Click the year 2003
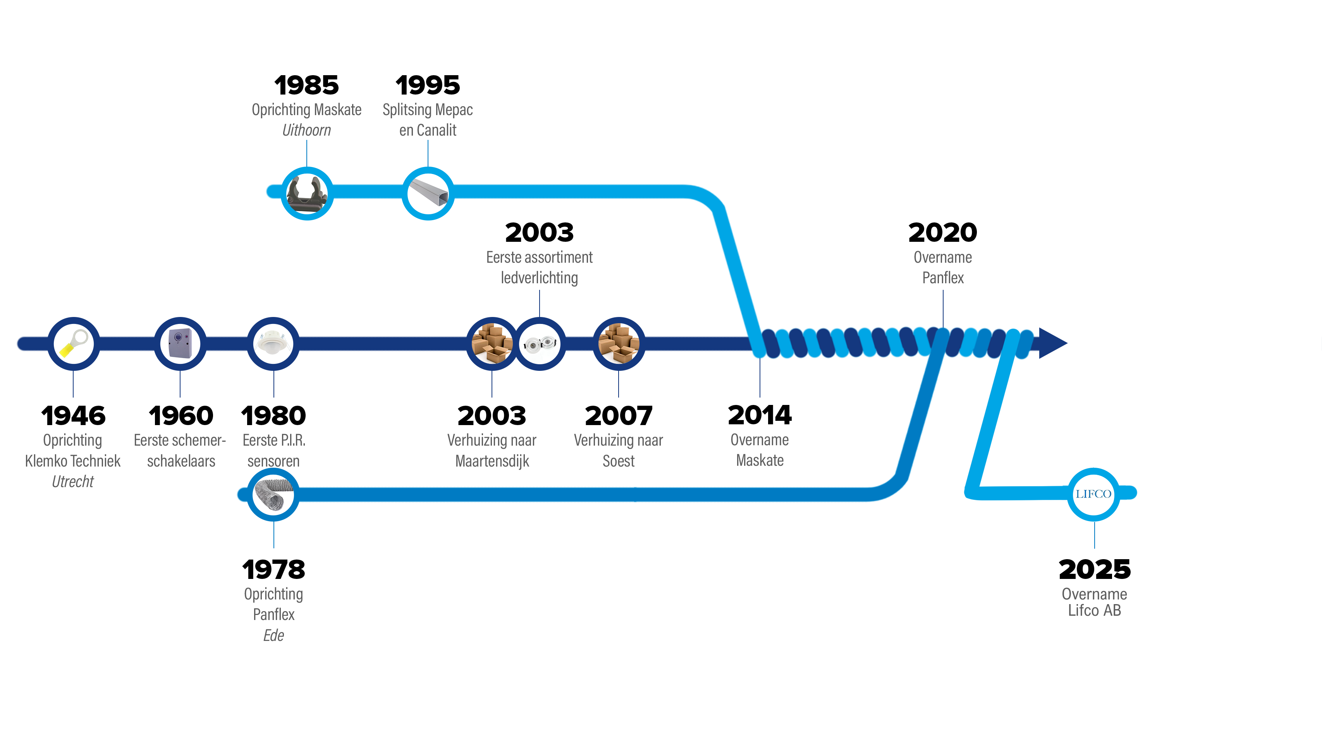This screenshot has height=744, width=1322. (x=539, y=232)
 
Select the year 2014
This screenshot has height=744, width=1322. (x=760, y=415)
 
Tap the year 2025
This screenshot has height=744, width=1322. (x=1094, y=569)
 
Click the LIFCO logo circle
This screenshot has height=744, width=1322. (x=1093, y=494)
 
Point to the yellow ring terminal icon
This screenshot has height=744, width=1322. (x=73, y=343)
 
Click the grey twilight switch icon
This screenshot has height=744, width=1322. (x=180, y=343)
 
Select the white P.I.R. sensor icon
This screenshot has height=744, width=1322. (x=273, y=343)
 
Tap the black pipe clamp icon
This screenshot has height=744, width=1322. (x=307, y=194)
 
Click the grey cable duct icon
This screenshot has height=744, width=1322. (x=428, y=194)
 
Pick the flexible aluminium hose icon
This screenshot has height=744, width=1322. (x=273, y=494)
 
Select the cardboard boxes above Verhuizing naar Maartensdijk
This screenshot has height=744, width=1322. (x=492, y=343)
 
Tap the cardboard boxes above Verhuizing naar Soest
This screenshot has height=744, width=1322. (x=619, y=343)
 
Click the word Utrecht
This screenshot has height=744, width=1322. (x=73, y=481)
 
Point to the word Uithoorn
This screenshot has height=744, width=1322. (x=306, y=130)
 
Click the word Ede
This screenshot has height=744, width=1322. (x=273, y=635)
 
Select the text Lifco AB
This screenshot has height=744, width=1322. (x=1094, y=610)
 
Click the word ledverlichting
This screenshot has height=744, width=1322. (x=539, y=278)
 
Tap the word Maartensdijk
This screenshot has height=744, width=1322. (x=492, y=461)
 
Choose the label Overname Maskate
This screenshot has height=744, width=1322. (x=760, y=450)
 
